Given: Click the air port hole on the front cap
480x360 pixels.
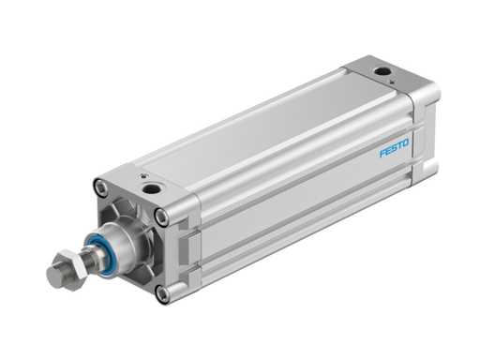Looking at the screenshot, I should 149,189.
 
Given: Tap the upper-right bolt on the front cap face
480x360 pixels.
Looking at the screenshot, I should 161,217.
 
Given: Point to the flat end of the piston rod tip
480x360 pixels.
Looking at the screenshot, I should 52,277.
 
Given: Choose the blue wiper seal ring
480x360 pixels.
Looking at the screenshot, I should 95,250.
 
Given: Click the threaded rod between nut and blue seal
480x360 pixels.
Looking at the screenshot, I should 82,258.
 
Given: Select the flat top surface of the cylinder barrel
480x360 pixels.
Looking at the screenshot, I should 253,127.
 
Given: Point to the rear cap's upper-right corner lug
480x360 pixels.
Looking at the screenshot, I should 427,94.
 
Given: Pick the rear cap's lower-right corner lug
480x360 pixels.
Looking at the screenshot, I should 427,169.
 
